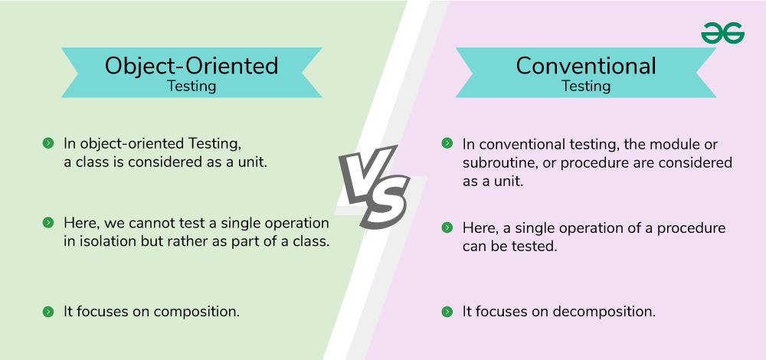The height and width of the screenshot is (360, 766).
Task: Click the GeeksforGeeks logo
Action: click(x=722, y=33)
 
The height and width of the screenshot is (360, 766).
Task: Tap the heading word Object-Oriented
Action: click(x=191, y=66)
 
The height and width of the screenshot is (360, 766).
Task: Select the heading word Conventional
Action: click(x=586, y=65)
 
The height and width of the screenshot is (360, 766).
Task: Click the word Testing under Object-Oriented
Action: click(x=191, y=86)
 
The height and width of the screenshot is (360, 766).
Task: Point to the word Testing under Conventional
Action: click(x=586, y=86)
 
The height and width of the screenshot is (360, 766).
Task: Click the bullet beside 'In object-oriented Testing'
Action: click(x=47, y=143)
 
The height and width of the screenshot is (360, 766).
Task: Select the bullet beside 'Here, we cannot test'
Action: click(x=47, y=223)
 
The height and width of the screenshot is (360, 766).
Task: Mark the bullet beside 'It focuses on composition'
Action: click(x=47, y=312)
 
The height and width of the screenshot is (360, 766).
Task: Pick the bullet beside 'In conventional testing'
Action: click(x=447, y=143)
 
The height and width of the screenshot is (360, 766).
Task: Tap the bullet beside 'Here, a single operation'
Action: click(x=447, y=227)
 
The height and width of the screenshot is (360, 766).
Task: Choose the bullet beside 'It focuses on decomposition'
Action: click(x=447, y=312)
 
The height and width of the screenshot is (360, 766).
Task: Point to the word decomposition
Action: click(x=604, y=312)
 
